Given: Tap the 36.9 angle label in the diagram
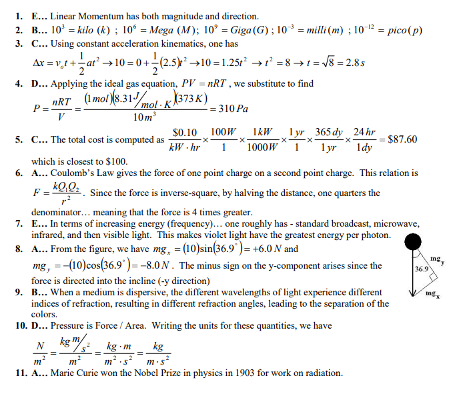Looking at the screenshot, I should click(x=421, y=269).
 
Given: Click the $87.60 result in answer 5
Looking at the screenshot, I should click(x=402, y=139).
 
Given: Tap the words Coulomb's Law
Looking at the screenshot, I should click(x=79, y=173).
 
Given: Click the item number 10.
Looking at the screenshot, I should click(x=21, y=326).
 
